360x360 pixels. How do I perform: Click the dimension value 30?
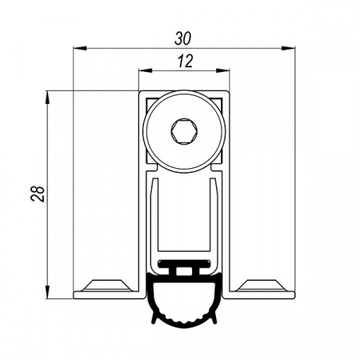point(183,38)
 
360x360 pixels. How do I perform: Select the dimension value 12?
point(185,61)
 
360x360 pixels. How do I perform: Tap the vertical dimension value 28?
point(38,194)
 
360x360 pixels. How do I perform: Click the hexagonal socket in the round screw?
point(184,131)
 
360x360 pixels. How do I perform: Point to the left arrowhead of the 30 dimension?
point(80,48)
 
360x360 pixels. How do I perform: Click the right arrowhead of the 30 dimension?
point(288,48)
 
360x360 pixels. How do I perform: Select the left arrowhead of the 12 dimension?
point(146,70)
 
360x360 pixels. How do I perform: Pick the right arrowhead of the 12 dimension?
point(222,70)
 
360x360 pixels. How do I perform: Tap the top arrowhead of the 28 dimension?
point(47,98)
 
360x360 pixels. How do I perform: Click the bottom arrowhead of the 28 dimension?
point(47,292)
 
